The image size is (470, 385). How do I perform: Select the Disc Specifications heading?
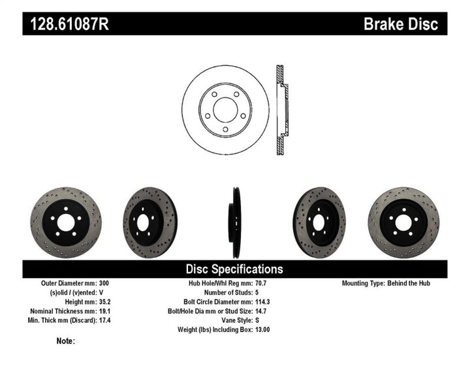pyautogui.click(x=234, y=269)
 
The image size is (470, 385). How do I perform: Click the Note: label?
pyautogui.click(x=66, y=341)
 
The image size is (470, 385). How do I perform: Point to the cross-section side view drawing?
pyautogui.click(x=281, y=110)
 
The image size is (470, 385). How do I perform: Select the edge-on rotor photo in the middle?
pyautogui.click(x=235, y=223)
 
